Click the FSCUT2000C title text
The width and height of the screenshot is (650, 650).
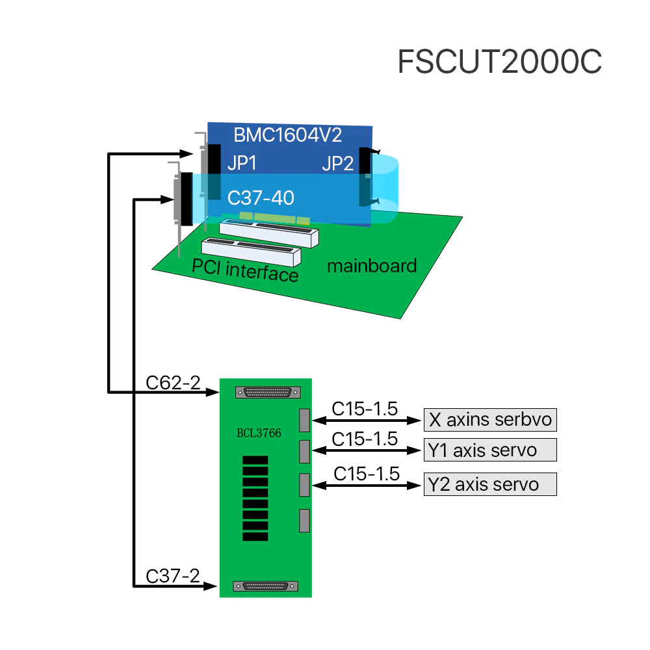(x=499, y=62)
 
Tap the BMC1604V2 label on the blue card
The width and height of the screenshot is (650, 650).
(x=287, y=135)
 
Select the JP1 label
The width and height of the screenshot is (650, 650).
(x=242, y=164)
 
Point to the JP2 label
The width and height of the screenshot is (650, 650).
(x=337, y=164)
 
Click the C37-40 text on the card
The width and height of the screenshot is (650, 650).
(x=261, y=197)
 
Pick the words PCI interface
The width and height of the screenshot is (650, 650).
(x=245, y=270)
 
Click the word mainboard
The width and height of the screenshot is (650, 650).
(x=371, y=265)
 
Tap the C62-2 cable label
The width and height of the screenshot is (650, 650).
(x=173, y=383)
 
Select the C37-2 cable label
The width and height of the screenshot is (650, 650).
(x=173, y=576)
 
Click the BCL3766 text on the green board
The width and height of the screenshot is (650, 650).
(x=259, y=433)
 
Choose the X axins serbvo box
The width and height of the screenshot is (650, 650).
(x=490, y=419)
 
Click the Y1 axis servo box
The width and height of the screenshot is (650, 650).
(x=490, y=450)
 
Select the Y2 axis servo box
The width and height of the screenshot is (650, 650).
(x=490, y=484)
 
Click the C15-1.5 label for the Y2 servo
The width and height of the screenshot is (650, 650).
(x=367, y=474)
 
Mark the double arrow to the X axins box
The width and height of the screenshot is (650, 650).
(x=367, y=421)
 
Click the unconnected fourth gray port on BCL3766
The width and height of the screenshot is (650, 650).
(x=304, y=520)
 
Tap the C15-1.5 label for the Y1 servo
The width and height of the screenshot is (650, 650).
(x=365, y=439)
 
